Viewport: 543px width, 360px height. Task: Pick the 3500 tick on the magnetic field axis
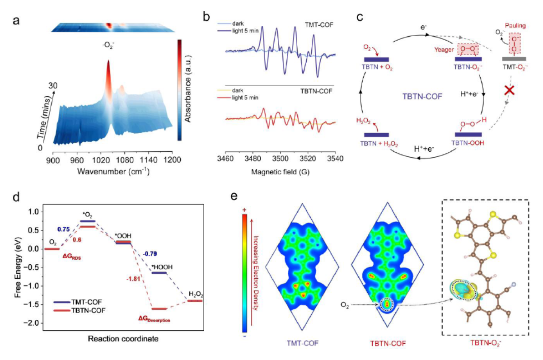click(x=280, y=159)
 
